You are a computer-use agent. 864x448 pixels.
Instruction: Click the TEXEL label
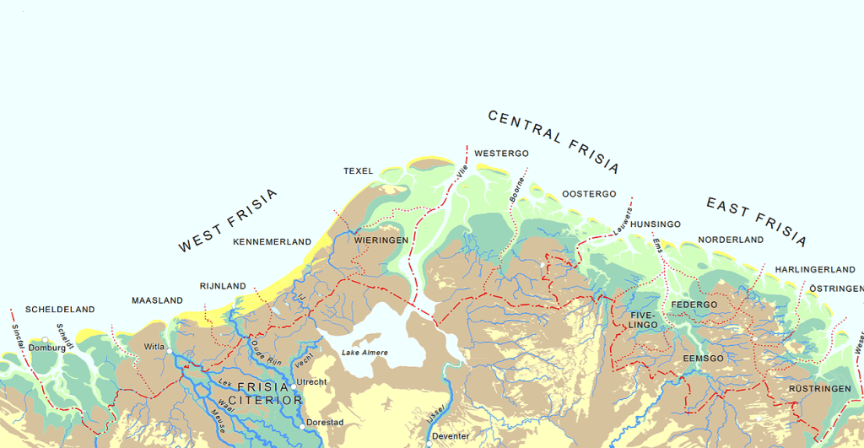tap(358, 171)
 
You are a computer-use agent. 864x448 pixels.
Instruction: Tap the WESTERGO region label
tap(501, 154)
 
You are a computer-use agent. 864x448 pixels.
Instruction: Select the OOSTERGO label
tap(589, 194)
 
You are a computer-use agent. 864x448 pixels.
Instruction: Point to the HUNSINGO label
tap(655, 224)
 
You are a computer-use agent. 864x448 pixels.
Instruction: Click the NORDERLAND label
tap(730, 240)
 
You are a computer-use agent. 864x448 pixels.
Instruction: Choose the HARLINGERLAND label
tap(815, 269)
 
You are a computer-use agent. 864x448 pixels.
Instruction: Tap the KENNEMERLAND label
tap(272, 242)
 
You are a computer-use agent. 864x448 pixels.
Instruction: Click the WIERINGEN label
tap(381, 240)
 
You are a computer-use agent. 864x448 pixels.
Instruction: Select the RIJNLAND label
tap(223, 286)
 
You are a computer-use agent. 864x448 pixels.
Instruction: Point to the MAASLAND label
tap(157, 300)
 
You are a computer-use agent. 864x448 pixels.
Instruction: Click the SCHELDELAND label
tap(60, 310)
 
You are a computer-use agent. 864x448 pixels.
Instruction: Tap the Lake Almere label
tap(364, 352)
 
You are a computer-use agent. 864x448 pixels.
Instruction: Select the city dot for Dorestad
tap(303, 426)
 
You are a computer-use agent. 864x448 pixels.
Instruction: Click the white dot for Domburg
tap(46, 340)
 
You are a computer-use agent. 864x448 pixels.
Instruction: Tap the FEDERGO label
tap(694, 305)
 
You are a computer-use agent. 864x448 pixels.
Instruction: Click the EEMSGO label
tap(703, 359)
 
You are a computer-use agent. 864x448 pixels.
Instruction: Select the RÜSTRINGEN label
tap(819, 389)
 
